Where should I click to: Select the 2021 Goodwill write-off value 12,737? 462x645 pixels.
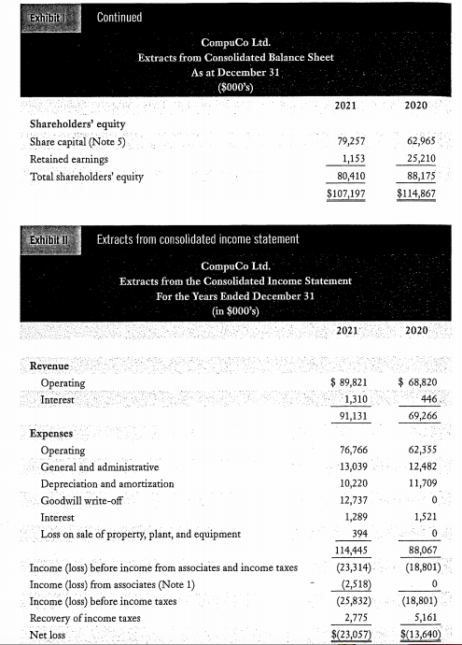[350, 499]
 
